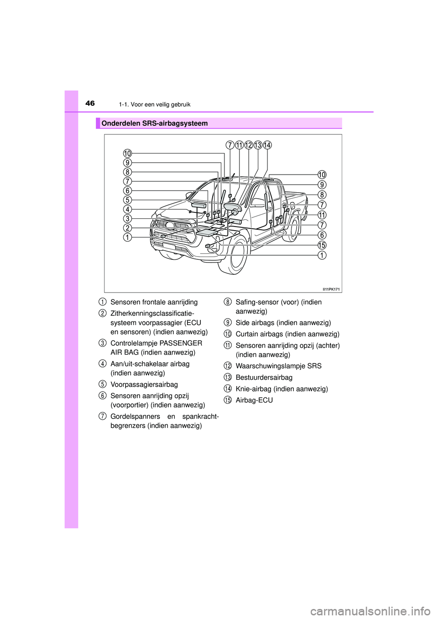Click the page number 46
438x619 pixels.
(x=90, y=103)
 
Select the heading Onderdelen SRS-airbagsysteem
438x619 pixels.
(x=154, y=124)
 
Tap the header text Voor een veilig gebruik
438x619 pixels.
(x=160, y=104)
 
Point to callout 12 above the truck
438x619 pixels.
(x=248, y=145)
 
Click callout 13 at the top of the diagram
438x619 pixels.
(x=258, y=145)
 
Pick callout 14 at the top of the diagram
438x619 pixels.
(x=267, y=145)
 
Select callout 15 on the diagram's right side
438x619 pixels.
(x=322, y=245)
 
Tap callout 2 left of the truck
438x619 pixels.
(x=127, y=228)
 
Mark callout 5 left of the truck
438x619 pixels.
(x=127, y=200)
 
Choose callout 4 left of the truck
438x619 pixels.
(x=127, y=209)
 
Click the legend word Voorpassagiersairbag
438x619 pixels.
(x=144, y=384)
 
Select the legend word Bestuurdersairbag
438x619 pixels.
(x=264, y=377)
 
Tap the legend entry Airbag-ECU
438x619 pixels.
(x=254, y=400)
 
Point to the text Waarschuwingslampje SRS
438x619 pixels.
(x=278, y=366)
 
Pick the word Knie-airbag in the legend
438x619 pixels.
(x=253, y=389)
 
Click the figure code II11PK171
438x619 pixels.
(x=331, y=289)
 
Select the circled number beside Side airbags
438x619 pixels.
(x=228, y=323)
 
